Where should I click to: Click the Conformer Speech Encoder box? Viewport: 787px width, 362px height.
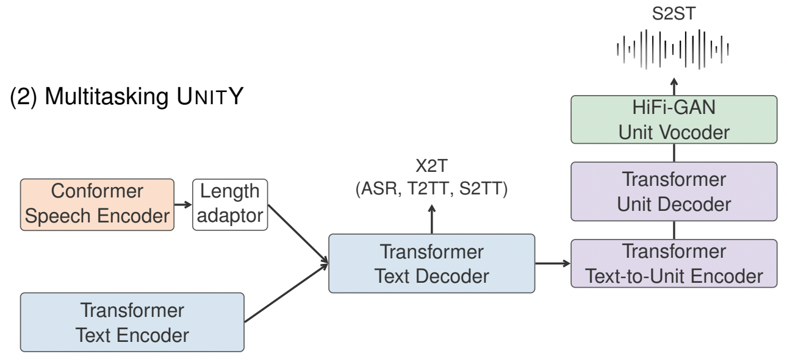[97, 204]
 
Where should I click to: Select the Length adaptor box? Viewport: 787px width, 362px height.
[230, 204]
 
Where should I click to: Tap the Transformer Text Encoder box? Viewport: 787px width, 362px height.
[132, 322]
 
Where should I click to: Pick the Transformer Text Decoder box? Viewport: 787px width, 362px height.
[431, 263]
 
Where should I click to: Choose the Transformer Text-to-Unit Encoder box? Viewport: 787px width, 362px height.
[674, 263]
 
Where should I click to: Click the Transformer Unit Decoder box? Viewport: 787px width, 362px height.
[674, 191]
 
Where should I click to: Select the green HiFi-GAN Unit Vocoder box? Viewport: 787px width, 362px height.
[674, 119]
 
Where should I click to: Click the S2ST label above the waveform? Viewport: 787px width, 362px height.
[673, 14]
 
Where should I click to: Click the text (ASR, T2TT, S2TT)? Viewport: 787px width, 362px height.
[431, 190]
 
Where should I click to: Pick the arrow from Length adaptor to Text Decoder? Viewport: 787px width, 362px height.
[298, 234]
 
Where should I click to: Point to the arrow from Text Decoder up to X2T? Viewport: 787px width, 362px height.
[431, 218]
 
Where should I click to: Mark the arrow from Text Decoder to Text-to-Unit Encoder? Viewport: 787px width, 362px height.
[553, 263]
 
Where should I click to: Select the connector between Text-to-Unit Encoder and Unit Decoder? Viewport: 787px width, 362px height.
[674, 230]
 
